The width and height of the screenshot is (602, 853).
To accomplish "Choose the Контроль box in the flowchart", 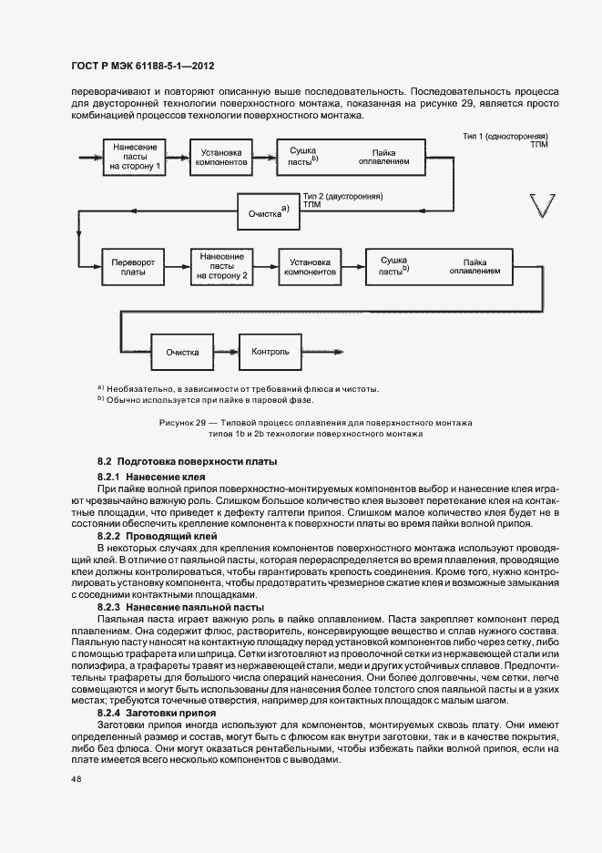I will [x=270, y=352].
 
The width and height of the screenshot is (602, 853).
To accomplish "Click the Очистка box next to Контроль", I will [x=182, y=352].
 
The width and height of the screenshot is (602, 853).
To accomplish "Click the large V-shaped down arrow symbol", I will [x=540, y=206].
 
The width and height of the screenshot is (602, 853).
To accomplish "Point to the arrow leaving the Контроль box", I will [x=323, y=352].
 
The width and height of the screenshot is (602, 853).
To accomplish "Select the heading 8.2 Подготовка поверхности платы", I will [x=187, y=463].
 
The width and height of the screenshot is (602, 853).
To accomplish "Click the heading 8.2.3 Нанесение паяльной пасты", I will [x=181, y=606].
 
